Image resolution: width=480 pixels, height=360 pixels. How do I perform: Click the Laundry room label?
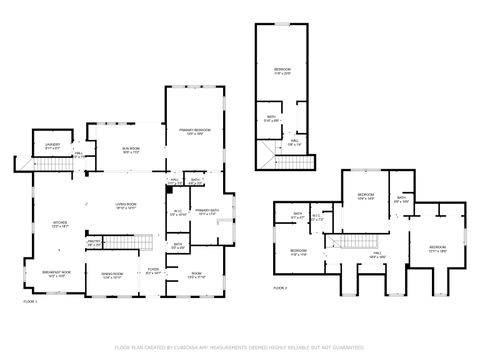tap(52, 146)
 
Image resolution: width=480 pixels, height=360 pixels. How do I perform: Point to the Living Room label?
tap(125, 205)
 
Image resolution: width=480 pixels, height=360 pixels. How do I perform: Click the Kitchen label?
tap(59, 225)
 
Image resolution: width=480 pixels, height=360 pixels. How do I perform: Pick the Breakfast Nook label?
tap(56, 273)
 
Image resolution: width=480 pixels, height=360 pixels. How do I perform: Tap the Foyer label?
tap(153, 270)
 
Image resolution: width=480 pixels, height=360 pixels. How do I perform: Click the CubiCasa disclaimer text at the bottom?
tap(240, 348)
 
